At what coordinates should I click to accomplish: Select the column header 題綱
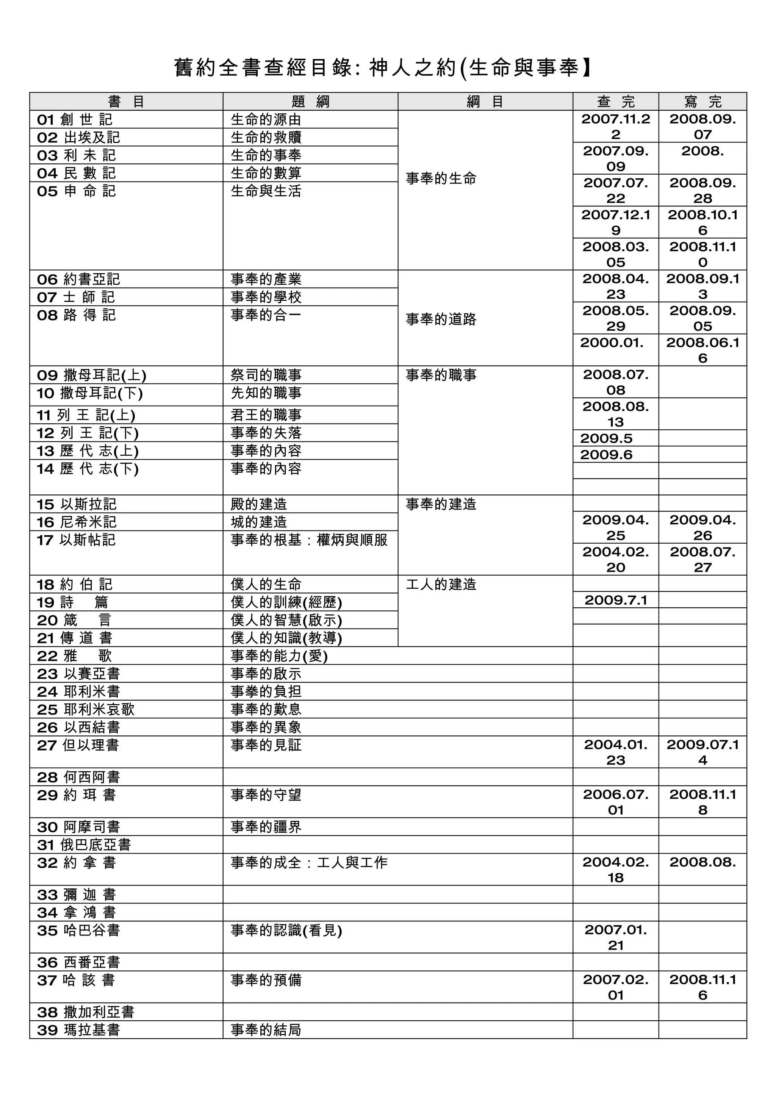[310, 102]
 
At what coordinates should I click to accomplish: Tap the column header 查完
[615, 102]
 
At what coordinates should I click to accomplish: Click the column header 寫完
[702, 102]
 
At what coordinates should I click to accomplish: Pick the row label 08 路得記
[76, 315]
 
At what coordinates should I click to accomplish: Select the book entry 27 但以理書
[78, 745]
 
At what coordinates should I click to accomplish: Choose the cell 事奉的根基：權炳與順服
[309, 540]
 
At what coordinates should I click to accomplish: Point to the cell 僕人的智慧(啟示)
[286, 620]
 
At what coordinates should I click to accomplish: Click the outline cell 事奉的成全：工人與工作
[309, 863]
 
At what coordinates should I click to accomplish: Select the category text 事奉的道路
[441, 319]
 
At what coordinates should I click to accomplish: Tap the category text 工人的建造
[441, 584]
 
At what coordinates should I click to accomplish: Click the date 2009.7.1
[615, 600]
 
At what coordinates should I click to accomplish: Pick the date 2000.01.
[612, 343]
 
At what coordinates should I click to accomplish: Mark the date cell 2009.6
[606, 454]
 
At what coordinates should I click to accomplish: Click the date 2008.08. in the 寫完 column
[702, 862]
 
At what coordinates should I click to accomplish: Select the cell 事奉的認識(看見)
[286, 930]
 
